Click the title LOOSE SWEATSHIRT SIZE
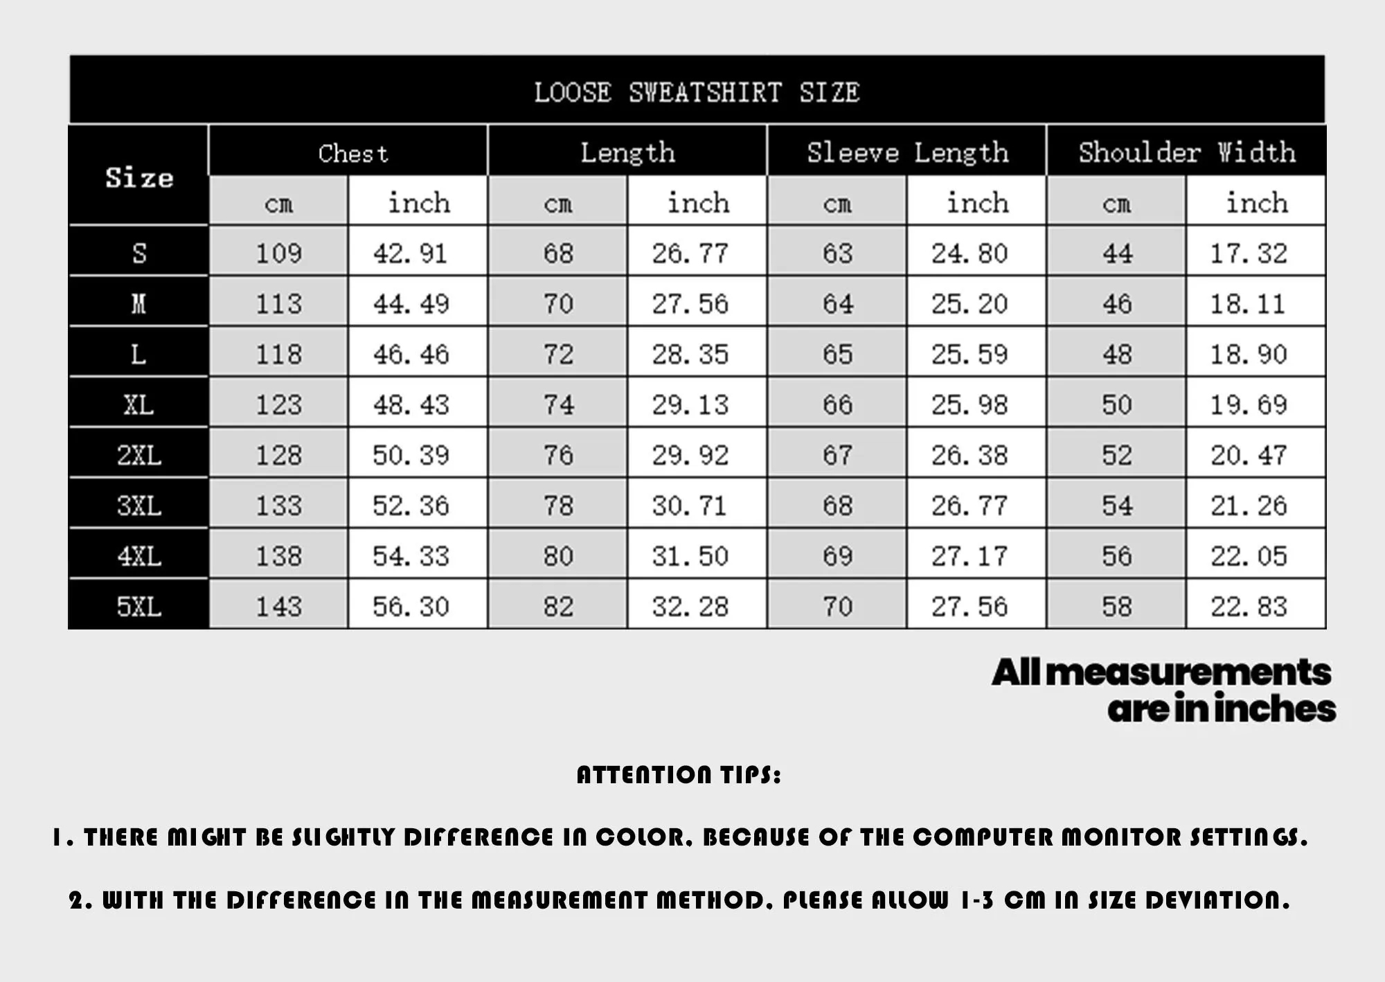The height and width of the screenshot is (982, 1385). [697, 92]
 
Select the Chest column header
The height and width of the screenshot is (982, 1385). [353, 153]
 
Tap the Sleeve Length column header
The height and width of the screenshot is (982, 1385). [907, 152]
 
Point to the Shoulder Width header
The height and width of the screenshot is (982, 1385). [1187, 152]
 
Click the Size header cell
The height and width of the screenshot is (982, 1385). [139, 177]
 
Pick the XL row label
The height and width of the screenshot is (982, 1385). [138, 404]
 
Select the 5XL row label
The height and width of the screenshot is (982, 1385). [138, 607]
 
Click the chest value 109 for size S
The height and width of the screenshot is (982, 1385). [278, 253]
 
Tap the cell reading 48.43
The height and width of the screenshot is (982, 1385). [411, 404]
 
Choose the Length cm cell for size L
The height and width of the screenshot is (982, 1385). [558, 355]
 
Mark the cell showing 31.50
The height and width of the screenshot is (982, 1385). [690, 556]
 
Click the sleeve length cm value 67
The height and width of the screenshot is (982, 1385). [837, 455]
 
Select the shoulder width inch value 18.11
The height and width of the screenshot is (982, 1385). [1247, 304]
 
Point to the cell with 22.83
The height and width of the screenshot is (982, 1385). [1249, 607]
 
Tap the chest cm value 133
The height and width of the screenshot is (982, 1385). [278, 506]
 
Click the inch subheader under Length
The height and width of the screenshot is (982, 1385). [698, 203]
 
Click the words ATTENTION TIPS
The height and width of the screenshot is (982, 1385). [679, 775]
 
